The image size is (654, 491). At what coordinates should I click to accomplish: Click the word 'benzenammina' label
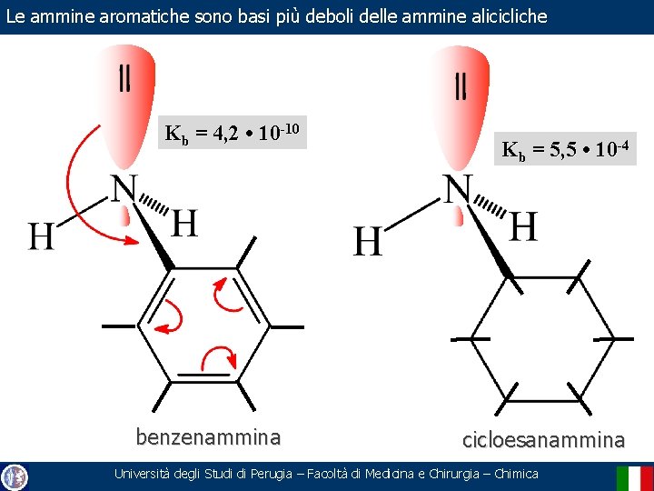pyautogui.click(x=208, y=437)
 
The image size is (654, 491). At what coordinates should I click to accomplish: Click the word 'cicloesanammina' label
pyautogui.click(x=543, y=440)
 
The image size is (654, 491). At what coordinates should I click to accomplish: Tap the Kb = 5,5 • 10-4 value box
pyautogui.click(x=569, y=148)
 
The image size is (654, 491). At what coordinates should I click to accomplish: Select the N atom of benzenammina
pyautogui.click(x=124, y=190)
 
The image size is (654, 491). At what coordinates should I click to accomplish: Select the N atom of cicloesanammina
pyautogui.click(x=458, y=189)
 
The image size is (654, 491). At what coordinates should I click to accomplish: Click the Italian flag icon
pyautogui.click(x=634, y=476)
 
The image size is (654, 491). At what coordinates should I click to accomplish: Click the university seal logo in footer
pyautogui.click(x=15, y=476)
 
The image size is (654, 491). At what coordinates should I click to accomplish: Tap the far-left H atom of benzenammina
pyautogui.click(x=41, y=237)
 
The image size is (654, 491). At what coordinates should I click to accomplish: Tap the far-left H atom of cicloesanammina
pyautogui.click(x=366, y=242)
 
